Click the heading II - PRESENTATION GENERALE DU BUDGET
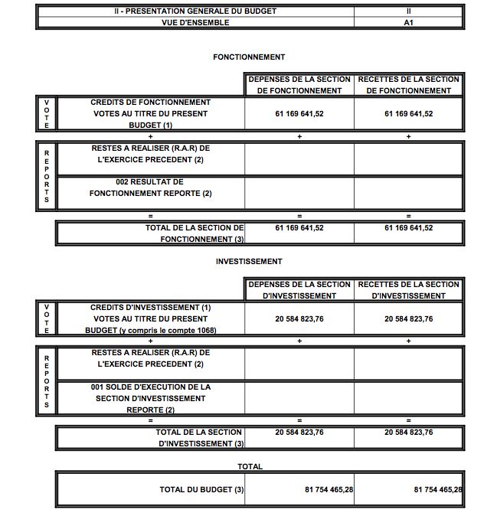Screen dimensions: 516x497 click(195, 11)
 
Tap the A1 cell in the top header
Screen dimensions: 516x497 click(408, 22)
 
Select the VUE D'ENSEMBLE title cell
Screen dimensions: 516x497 click(195, 22)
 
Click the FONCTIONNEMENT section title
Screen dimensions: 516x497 click(249, 57)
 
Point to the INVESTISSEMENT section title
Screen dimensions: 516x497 click(249, 262)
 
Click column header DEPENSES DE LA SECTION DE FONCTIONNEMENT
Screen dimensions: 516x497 click(299, 85)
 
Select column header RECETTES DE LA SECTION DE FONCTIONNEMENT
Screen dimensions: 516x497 click(408, 85)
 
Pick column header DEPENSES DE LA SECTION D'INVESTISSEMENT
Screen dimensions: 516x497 click(299, 289)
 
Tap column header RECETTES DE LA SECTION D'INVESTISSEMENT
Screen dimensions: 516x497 click(408, 289)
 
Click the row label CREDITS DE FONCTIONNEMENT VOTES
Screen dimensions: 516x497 click(150, 113)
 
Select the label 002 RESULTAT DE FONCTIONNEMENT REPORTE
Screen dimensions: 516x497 click(150, 188)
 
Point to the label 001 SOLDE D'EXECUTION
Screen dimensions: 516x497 click(150, 398)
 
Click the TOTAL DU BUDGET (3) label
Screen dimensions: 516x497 click(201, 489)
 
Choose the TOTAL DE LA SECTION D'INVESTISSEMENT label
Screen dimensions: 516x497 click(201, 438)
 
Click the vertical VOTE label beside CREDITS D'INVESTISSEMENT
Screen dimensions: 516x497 click(46, 318)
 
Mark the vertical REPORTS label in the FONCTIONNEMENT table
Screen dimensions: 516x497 click(46, 176)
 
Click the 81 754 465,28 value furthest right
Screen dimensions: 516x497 click(438, 489)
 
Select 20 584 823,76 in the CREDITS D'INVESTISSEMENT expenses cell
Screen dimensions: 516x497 click(299, 319)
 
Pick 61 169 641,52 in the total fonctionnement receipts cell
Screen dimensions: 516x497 click(408, 228)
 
